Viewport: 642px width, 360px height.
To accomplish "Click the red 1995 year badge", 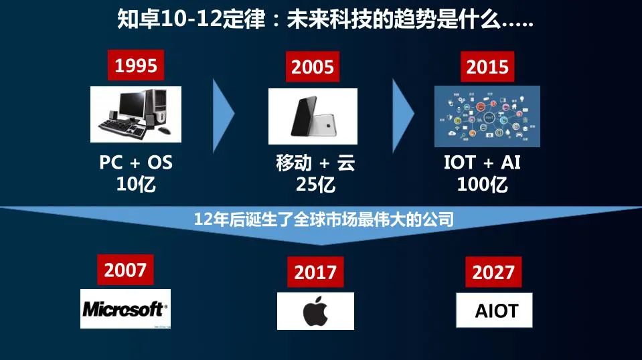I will click(136, 66).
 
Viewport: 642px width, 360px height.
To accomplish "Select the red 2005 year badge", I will click(313, 68).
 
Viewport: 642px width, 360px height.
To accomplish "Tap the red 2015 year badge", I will click(487, 68).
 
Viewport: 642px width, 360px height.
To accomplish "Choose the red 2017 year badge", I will click(315, 272).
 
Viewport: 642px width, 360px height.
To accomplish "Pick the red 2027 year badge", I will click(493, 272).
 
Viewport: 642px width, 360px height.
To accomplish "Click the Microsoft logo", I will click(125, 308).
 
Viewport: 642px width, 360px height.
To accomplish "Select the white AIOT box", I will click(495, 310).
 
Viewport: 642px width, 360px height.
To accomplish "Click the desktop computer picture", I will click(136, 114).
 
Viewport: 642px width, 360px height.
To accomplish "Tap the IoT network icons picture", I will click(487, 116).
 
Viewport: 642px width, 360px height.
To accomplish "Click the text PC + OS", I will click(136, 163).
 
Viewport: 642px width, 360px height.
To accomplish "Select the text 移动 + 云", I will click(315, 163).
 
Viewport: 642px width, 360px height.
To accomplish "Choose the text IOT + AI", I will click(482, 163).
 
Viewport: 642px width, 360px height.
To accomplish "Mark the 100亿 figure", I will click(482, 184).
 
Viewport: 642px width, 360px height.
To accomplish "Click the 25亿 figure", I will click(315, 184).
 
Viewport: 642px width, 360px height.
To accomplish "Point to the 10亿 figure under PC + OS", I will click(136, 184).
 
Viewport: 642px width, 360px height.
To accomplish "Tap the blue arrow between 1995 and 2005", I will click(224, 115).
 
